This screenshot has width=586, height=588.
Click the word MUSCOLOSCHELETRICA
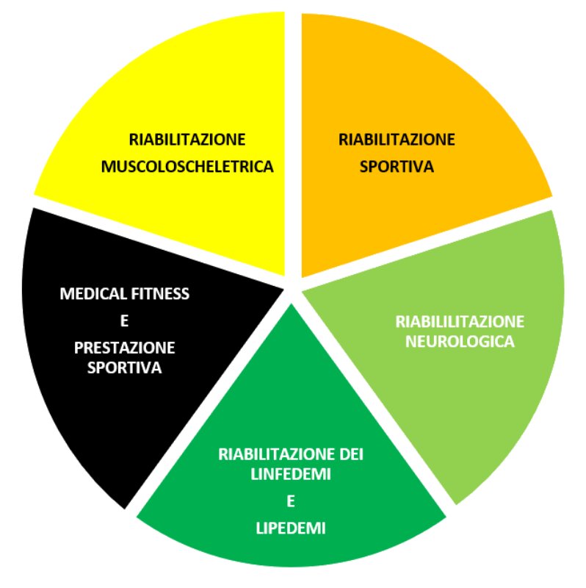pyautogui.click(x=187, y=166)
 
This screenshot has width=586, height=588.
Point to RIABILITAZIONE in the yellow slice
pyautogui.click(x=187, y=139)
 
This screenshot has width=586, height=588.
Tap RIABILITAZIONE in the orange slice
pyautogui.click(x=397, y=139)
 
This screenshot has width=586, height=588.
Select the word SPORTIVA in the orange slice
pyautogui.click(x=397, y=166)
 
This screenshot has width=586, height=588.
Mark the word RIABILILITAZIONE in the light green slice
pyautogui.click(x=460, y=321)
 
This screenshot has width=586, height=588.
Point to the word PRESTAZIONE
pyautogui.click(x=124, y=347)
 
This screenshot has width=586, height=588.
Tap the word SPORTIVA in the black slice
pyautogui.click(x=124, y=367)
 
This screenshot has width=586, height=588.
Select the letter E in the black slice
pyautogui.click(x=123, y=320)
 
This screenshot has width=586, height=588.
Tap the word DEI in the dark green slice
pyautogui.click(x=352, y=454)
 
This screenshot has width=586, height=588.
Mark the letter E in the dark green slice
pyautogui.click(x=290, y=501)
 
